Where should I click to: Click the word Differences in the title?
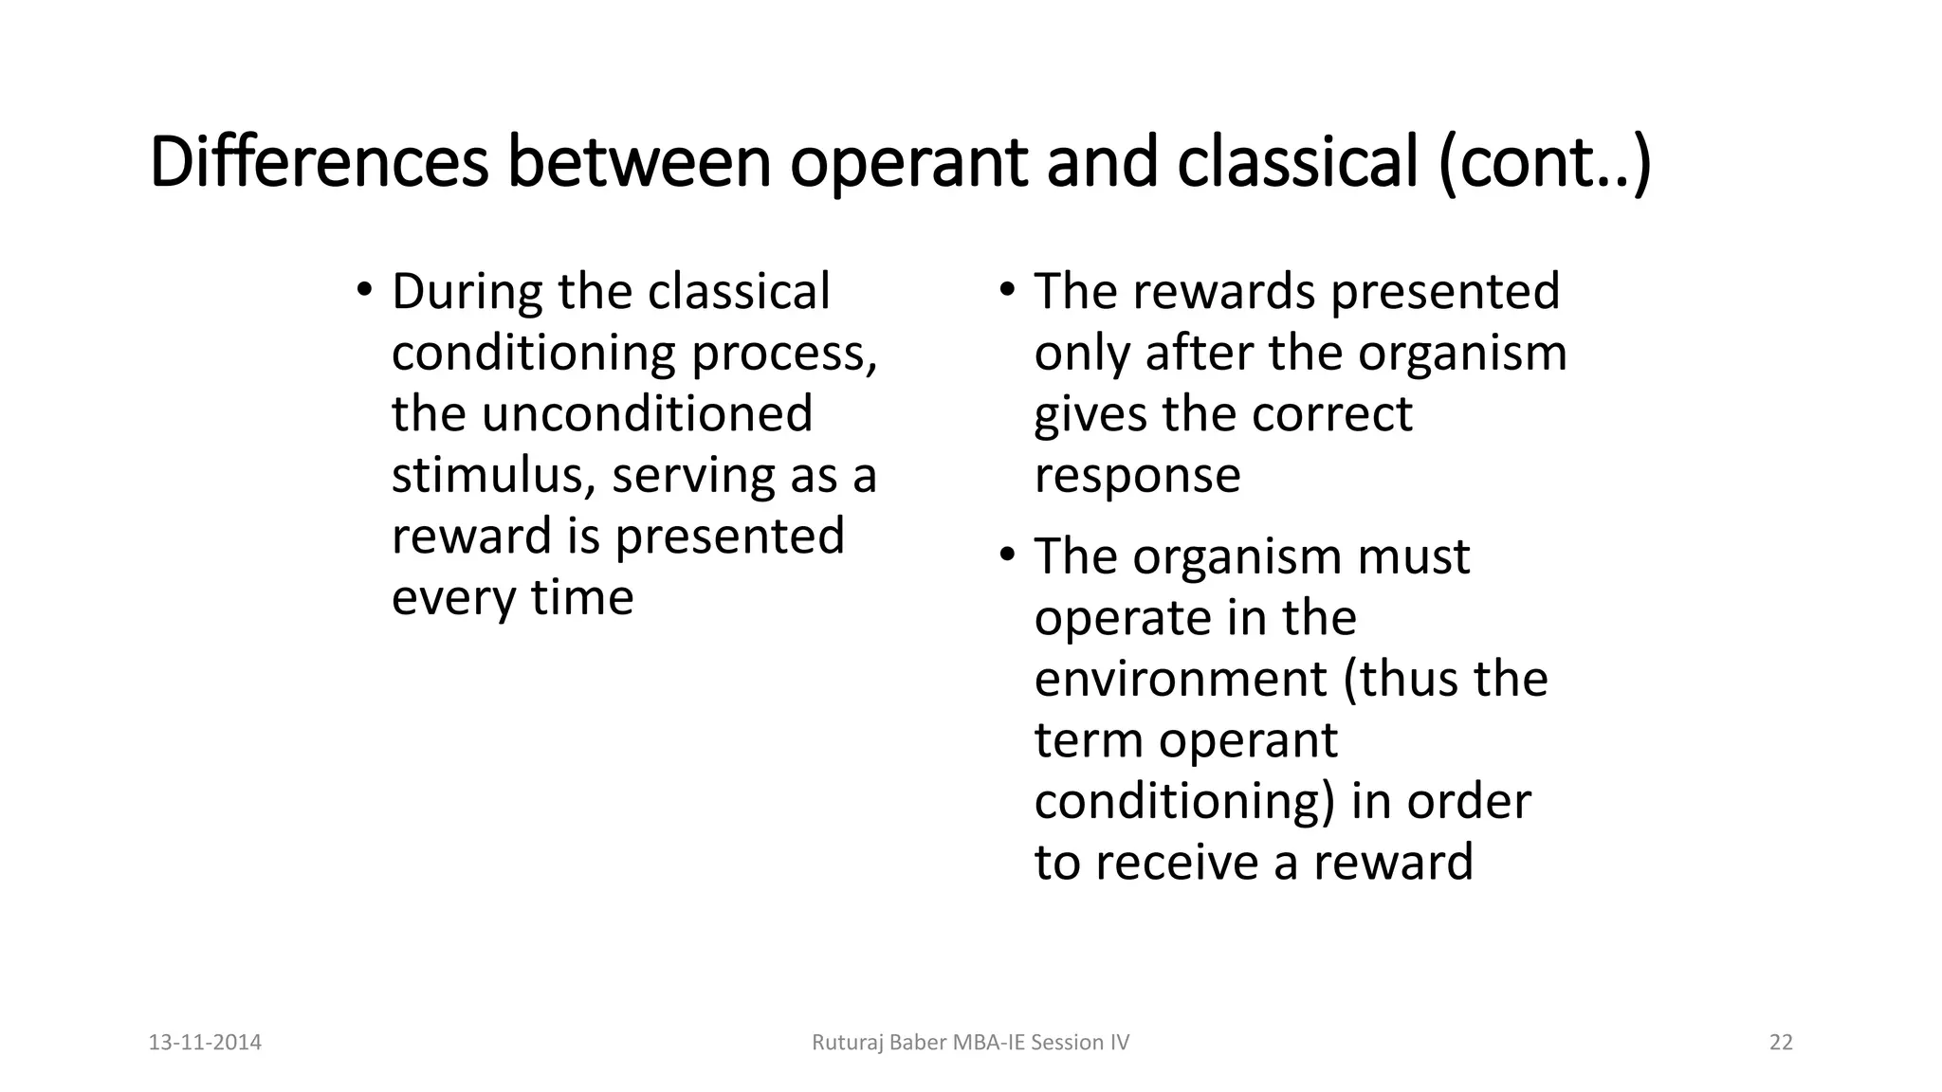(x=319, y=162)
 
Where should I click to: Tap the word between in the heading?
(x=640, y=162)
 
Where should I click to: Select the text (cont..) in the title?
(x=1545, y=162)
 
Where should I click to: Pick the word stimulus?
(x=493, y=475)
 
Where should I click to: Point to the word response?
(x=1137, y=475)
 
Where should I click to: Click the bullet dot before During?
(x=364, y=288)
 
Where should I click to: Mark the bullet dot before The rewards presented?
(x=1007, y=288)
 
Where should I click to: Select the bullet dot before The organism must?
(x=1007, y=554)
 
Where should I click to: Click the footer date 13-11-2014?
(x=205, y=1043)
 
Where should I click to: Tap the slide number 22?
(x=1781, y=1043)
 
